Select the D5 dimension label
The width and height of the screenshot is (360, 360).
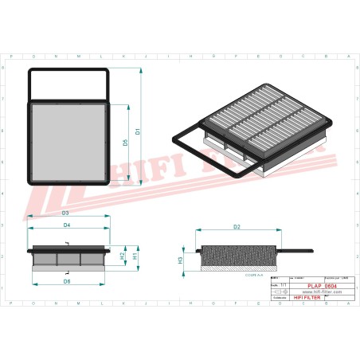tap(125, 143)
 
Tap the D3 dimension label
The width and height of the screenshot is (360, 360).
tap(65, 213)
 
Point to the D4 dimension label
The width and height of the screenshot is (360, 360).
tap(67, 226)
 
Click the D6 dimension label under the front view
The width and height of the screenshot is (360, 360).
tap(67, 283)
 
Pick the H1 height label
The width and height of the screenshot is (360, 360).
tap(135, 257)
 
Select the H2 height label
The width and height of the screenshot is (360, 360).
tap(122, 256)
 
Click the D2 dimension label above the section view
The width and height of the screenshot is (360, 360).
tap(237, 228)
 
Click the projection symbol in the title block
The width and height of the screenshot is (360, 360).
tap(278, 292)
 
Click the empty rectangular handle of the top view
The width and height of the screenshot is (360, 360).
tap(68, 84)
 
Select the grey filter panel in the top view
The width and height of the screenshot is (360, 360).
tap(68, 143)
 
